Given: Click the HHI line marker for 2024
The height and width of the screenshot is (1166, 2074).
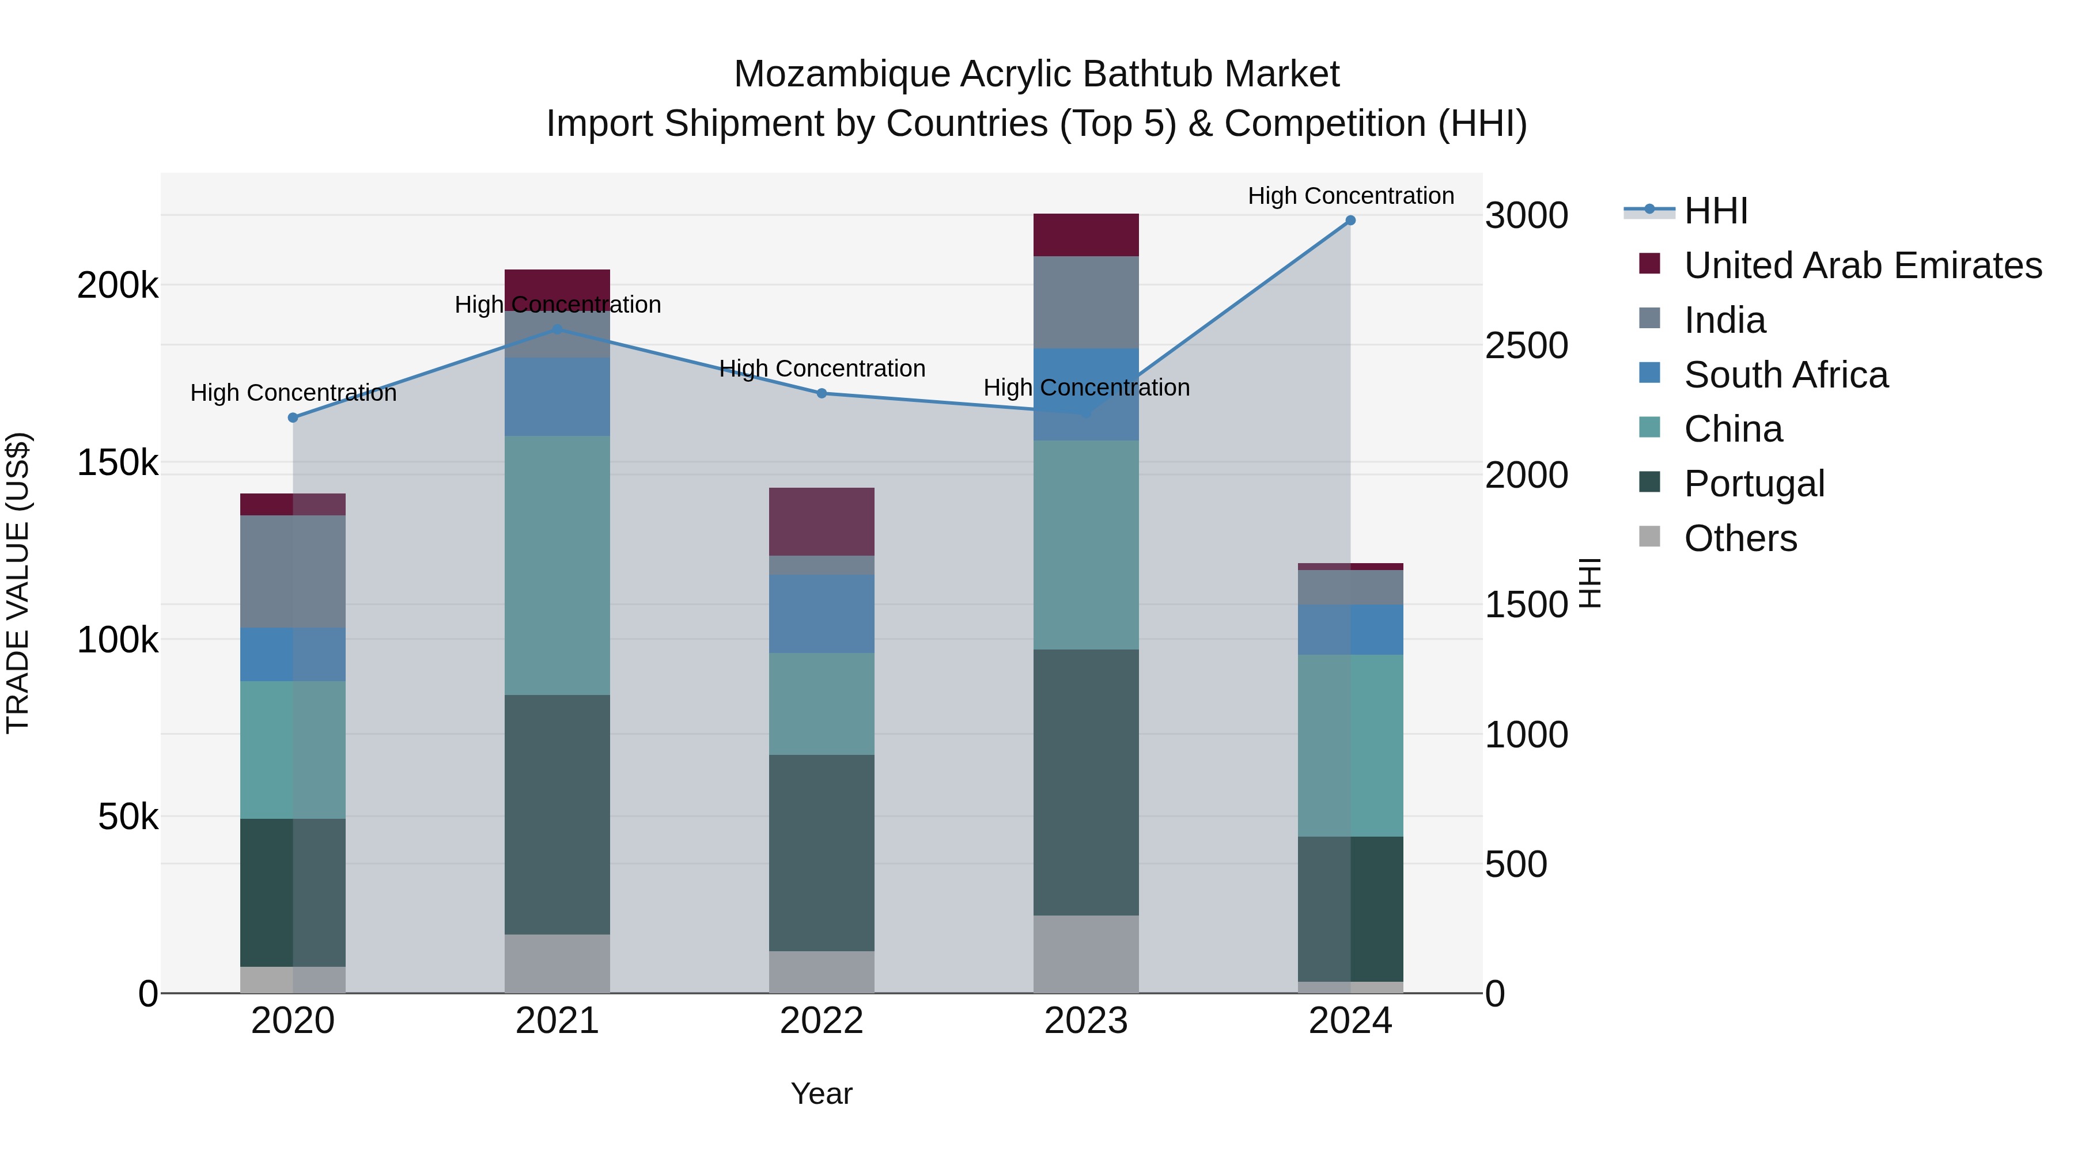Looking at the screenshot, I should (1350, 221).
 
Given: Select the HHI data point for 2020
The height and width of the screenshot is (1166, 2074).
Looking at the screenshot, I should (293, 417).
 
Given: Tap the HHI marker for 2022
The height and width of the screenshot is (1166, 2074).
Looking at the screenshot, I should (821, 393).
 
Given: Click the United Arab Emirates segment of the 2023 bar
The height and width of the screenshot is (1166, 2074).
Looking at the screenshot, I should (1085, 235).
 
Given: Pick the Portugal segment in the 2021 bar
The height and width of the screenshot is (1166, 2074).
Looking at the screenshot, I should (557, 814).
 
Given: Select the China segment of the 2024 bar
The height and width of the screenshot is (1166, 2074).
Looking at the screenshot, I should (1350, 745).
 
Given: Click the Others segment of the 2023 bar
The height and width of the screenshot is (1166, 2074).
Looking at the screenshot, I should (1085, 954).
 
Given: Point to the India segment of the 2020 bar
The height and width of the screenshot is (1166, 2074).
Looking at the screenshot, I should (293, 571).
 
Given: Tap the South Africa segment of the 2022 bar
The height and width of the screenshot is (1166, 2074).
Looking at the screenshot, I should (821, 613).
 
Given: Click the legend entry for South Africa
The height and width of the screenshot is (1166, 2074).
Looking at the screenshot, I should (1786, 375).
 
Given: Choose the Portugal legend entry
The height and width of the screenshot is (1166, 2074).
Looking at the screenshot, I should (1754, 484).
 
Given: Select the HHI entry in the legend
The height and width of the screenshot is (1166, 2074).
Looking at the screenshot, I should (1715, 211).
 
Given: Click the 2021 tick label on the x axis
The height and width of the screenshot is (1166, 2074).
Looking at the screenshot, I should (557, 1021).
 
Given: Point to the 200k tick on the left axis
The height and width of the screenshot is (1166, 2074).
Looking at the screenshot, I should (118, 286).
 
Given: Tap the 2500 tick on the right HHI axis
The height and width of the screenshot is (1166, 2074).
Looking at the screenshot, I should (1526, 346).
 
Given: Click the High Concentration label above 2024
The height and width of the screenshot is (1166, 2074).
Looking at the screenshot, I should (1350, 196).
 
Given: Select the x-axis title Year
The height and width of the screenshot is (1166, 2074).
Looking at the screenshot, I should (821, 1093).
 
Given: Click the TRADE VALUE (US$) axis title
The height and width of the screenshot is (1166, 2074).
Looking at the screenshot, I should (18, 583).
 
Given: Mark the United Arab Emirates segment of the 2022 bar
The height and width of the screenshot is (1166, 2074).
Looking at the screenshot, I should (821, 522).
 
